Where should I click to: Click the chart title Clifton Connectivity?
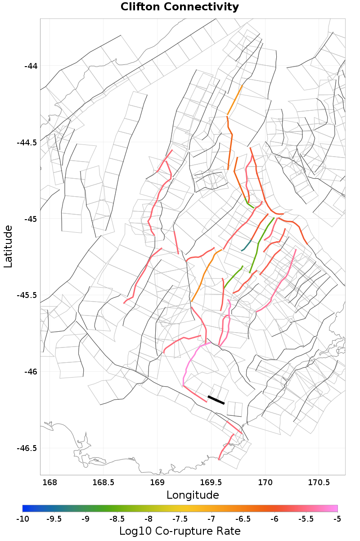point(180,7)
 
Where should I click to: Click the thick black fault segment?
point(216,400)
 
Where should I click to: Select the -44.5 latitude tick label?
point(27,143)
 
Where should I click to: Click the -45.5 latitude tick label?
point(27,295)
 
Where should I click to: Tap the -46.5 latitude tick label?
point(27,448)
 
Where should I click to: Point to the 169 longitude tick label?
point(157,483)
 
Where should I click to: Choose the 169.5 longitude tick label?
point(211,483)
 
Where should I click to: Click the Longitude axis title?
point(193,495)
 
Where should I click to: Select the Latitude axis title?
point(8,247)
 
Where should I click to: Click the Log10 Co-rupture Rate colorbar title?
point(180,531)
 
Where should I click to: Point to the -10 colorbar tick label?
point(22,519)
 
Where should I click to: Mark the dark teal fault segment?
point(247,246)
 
